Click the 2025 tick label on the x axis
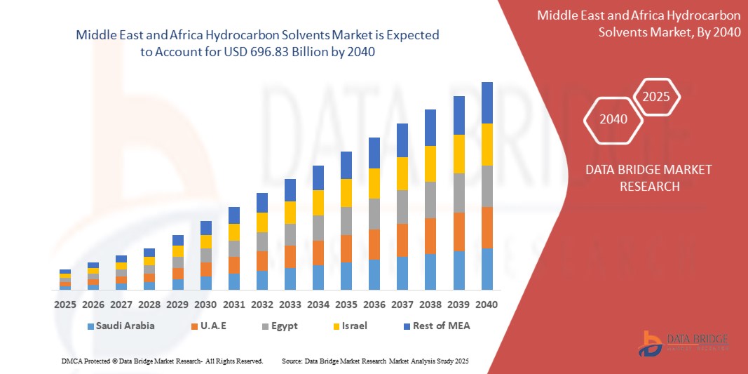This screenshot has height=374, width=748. pyautogui.click(x=65, y=305)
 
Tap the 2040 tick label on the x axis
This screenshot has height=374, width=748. pyautogui.click(x=487, y=305)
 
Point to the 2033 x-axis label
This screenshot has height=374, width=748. pyautogui.click(x=290, y=305)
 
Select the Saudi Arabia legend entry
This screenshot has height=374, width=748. pyautogui.click(x=121, y=326)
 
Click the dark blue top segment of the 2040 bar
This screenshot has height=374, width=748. pyautogui.click(x=487, y=102)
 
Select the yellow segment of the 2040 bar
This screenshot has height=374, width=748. pyautogui.click(x=487, y=144)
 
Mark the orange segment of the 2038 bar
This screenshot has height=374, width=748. pyautogui.click(x=430, y=236)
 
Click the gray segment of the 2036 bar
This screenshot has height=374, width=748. pyautogui.click(x=374, y=214)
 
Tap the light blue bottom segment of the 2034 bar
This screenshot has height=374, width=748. pyautogui.click(x=318, y=277)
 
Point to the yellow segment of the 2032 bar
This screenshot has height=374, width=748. pyautogui.click(x=261, y=222)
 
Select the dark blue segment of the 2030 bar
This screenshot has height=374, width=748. pyautogui.click(x=205, y=227)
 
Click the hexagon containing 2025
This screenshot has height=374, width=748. pyautogui.click(x=656, y=98)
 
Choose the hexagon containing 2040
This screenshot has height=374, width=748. pyautogui.click(x=613, y=119)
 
